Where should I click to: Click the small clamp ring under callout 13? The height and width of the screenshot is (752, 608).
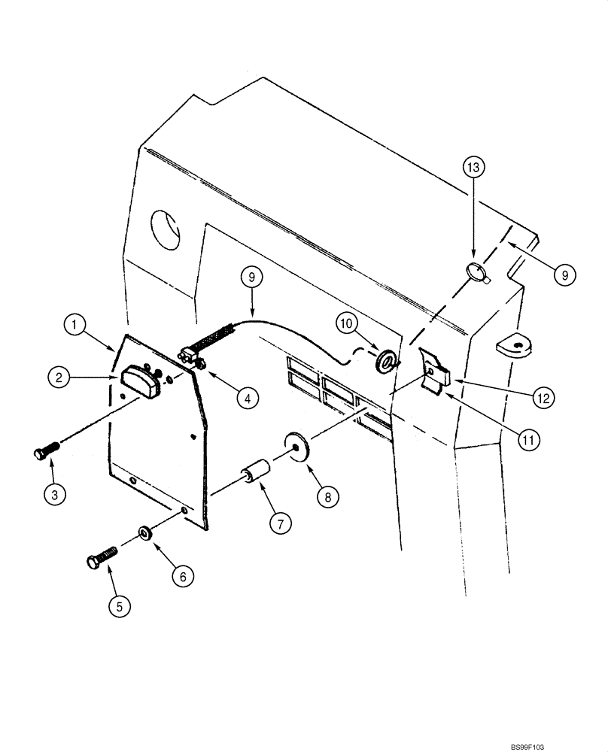[x=476, y=273]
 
